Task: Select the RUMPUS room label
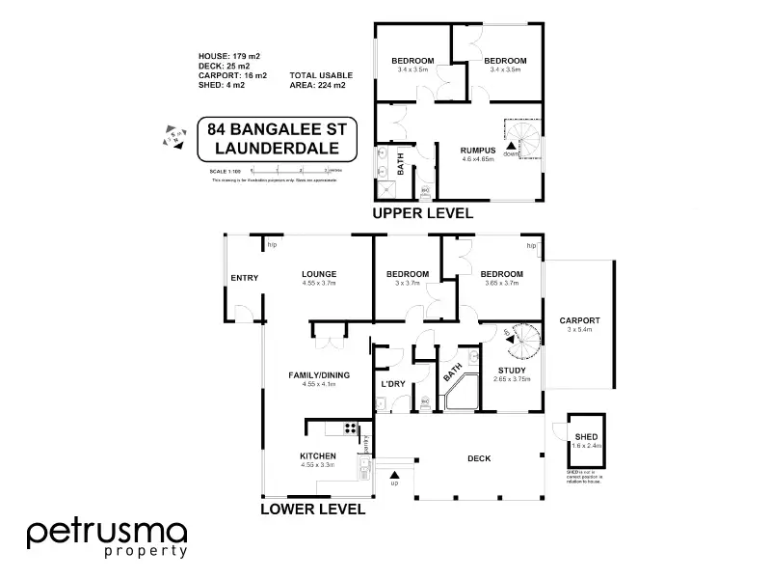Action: tap(477, 150)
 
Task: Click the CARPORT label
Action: tap(579, 320)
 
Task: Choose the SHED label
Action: tap(587, 437)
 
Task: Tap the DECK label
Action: tap(479, 458)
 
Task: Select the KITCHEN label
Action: tap(317, 455)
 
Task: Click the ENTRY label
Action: tap(244, 279)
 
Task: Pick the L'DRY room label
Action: tap(392, 384)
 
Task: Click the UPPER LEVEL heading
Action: tap(422, 213)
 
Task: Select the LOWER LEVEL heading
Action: tap(312, 509)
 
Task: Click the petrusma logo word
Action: tap(107, 533)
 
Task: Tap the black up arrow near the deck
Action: tap(394, 474)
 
